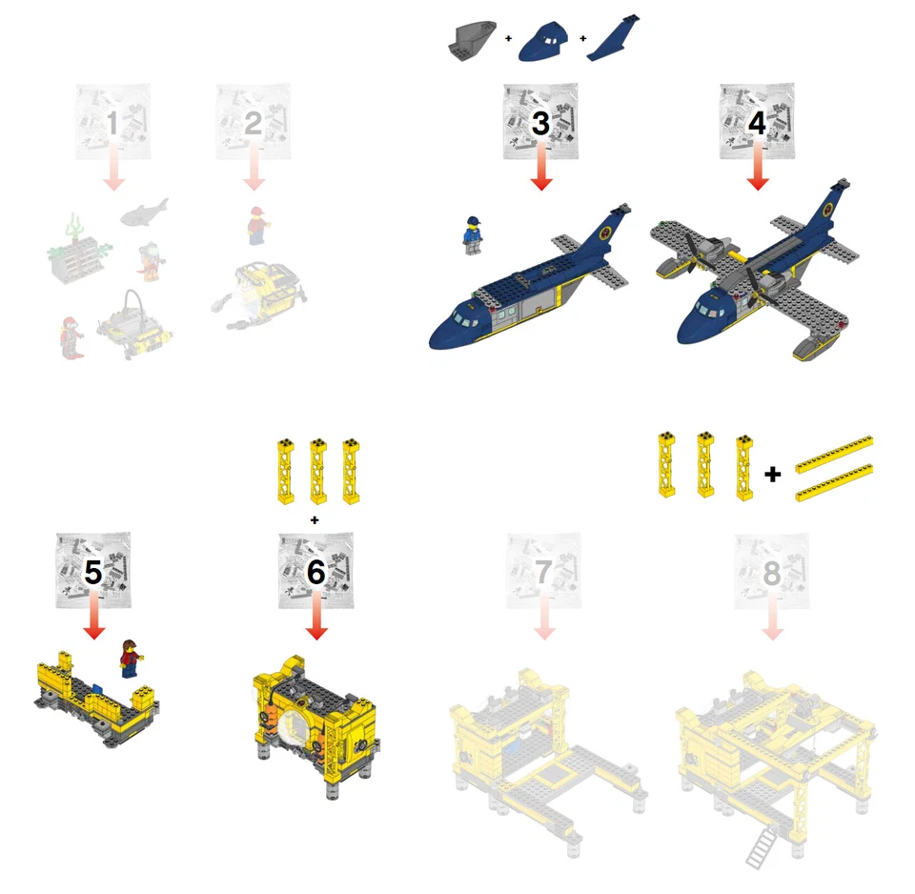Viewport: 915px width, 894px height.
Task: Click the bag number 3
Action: coord(540,123)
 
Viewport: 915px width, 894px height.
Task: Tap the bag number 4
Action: coord(757,123)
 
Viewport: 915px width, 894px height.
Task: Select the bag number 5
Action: coord(93,572)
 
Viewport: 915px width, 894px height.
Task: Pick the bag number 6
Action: coord(316,572)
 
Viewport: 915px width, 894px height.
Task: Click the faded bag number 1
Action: coord(112,123)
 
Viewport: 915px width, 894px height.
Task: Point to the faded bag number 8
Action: coord(771,572)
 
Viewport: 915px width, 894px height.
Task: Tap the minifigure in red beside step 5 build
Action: coord(131,659)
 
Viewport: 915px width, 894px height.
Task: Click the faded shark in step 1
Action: coord(145,211)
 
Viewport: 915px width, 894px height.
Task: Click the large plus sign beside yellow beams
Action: coord(773,472)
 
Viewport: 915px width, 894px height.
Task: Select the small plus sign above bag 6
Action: coord(315,519)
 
